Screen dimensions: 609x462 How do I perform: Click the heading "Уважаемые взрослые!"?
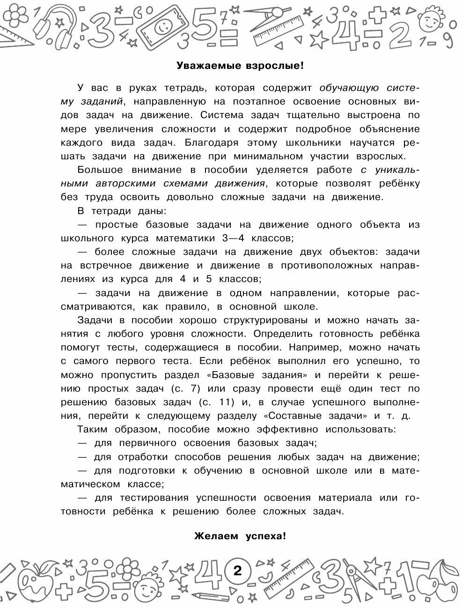pyautogui.click(x=240, y=66)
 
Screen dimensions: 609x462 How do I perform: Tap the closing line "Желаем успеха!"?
pyautogui.click(x=240, y=537)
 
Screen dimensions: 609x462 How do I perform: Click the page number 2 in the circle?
pyautogui.click(x=237, y=572)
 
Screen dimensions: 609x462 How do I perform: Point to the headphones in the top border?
pyautogui.click(x=50, y=22)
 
